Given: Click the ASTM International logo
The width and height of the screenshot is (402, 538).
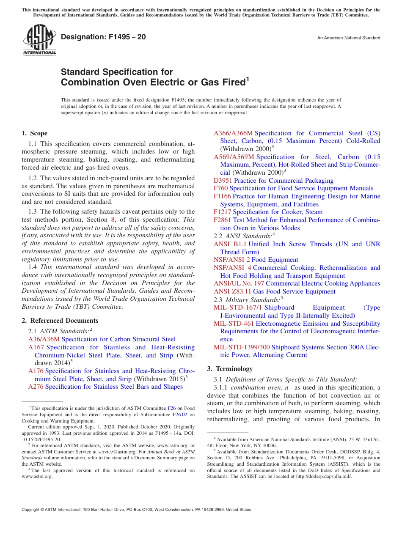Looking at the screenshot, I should coord(39,41).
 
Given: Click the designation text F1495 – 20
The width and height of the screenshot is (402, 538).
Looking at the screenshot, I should coord(103,37).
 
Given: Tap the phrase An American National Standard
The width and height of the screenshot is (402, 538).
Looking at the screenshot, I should coord(349,38).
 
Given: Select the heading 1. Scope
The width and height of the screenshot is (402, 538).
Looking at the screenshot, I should coord(35,133).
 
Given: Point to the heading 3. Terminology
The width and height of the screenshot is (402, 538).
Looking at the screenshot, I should coord(230,369).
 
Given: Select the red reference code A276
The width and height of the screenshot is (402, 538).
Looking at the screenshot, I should coord(36,387).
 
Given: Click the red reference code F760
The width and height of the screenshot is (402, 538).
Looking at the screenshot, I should coord(220,188).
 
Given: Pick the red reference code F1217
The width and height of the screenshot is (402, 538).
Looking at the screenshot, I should coord(222,212).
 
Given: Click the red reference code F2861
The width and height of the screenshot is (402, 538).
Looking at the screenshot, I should coord(222,220).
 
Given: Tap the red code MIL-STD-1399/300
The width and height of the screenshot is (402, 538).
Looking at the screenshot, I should coord(242,347).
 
